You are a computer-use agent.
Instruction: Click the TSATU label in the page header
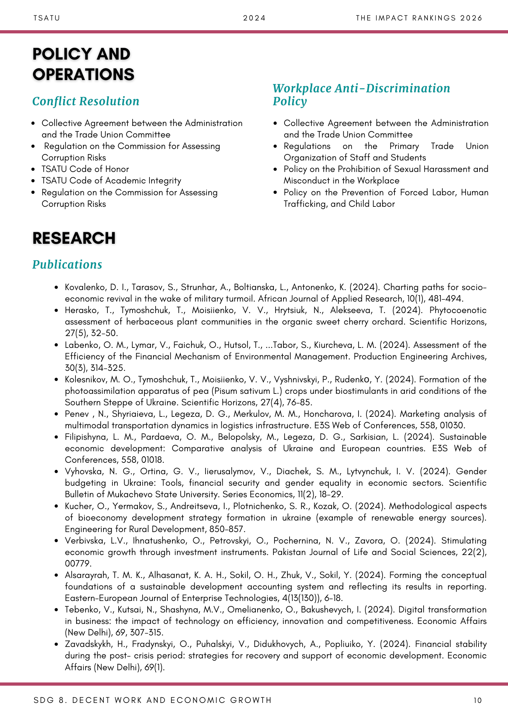click(47, 18)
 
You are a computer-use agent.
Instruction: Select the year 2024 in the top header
click(254, 18)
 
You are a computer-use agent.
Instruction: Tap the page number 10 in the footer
click(478, 700)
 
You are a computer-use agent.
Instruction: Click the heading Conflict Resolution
click(86, 101)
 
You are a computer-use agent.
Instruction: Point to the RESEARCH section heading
click(74, 238)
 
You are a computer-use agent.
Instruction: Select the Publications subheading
click(67, 264)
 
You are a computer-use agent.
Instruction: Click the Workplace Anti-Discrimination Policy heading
click(361, 94)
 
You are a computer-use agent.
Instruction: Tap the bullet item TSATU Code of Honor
click(85, 169)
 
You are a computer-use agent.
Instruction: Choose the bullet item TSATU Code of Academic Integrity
click(111, 181)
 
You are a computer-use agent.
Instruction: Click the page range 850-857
click(229, 529)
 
